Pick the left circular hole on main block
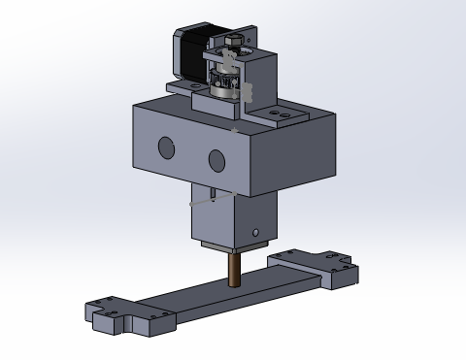[166, 147]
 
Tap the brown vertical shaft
[235, 268]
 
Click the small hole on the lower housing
[255, 233]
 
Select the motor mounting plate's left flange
[182, 86]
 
